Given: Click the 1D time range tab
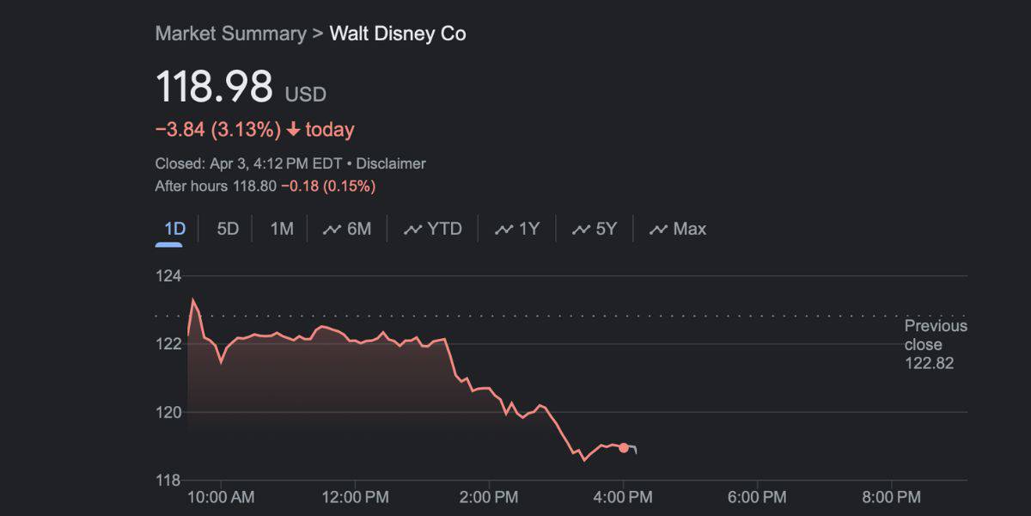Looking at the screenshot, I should [x=175, y=229].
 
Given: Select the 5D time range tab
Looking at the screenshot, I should [x=228, y=229].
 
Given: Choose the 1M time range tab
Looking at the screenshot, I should [x=282, y=229].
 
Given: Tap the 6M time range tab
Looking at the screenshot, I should [x=348, y=229].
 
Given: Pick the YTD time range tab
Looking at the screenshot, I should [x=434, y=229].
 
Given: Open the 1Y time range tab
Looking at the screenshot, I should [x=518, y=229].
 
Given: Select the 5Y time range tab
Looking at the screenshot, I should [x=595, y=229].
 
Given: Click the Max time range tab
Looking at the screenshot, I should [x=679, y=229].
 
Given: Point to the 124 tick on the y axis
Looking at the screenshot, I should [x=168, y=276].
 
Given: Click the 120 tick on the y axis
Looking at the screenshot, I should [x=168, y=412].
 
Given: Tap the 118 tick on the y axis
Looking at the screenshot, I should [x=168, y=480].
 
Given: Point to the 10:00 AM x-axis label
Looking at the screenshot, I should [x=220, y=497].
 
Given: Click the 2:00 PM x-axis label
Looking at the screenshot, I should [x=488, y=497].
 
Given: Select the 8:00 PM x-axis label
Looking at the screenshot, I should [x=891, y=497].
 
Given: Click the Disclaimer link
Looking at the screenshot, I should [x=391, y=163].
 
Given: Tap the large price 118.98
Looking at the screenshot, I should [x=214, y=88].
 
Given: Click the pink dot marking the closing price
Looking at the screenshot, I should [x=624, y=447].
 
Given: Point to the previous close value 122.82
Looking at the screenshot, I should [x=929, y=364].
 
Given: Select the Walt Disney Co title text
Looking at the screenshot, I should [x=398, y=34].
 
